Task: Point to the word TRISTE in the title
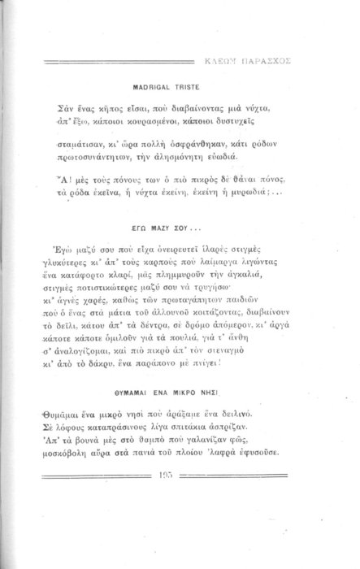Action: click(193, 84)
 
